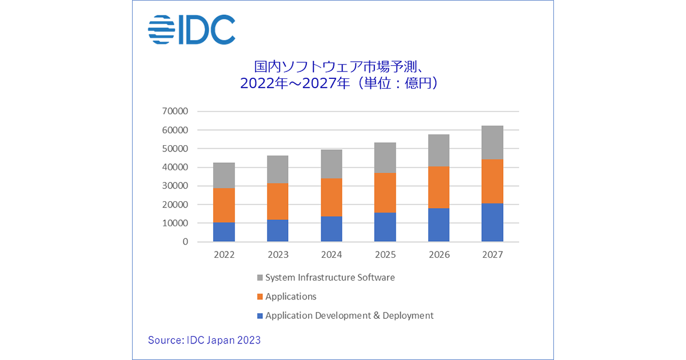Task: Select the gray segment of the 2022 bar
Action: pyautogui.click(x=224, y=175)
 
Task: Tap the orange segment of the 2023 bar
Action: pyautogui.click(x=278, y=201)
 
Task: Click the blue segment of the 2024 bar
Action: pyautogui.click(x=332, y=229)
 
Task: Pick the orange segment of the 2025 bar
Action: pyautogui.click(x=385, y=193)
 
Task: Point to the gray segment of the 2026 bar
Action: pyautogui.click(x=438, y=150)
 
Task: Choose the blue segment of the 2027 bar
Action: pyautogui.click(x=492, y=222)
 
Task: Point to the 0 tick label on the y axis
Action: pyautogui.click(x=185, y=242)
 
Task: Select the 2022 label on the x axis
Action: pyautogui.click(x=224, y=255)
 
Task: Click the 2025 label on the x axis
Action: pyautogui.click(x=385, y=255)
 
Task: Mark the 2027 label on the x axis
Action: pyautogui.click(x=492, y=255)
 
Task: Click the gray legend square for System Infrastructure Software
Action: pyautogui.click(x=260, y=278)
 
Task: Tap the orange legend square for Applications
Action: pyautogui.click(x=260, y=297)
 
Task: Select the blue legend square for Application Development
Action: pyautogui.click(x=260, y=316)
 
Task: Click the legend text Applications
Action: pyautogui.click(x=290, y=297)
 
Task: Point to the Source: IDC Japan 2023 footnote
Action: pyautogui.click(x=204, y=340)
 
